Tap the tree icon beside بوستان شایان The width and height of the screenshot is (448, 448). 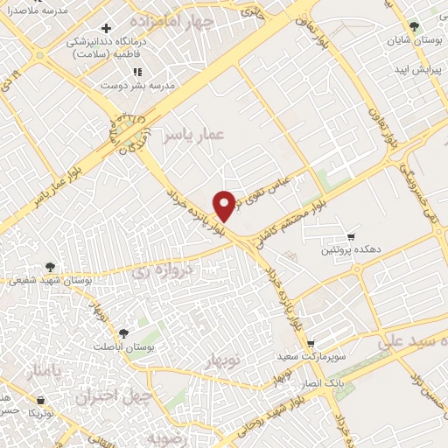click(x=415, y=28)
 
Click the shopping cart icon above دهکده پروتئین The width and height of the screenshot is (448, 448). click(x=352, y=235)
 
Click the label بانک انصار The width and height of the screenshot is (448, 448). click(x=324, y=384)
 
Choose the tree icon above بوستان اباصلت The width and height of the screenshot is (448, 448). click(x=122, y=333)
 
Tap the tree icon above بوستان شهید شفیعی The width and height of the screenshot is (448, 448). click(x=51, y=266)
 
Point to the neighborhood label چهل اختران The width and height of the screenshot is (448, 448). click(x=115, y=395)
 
